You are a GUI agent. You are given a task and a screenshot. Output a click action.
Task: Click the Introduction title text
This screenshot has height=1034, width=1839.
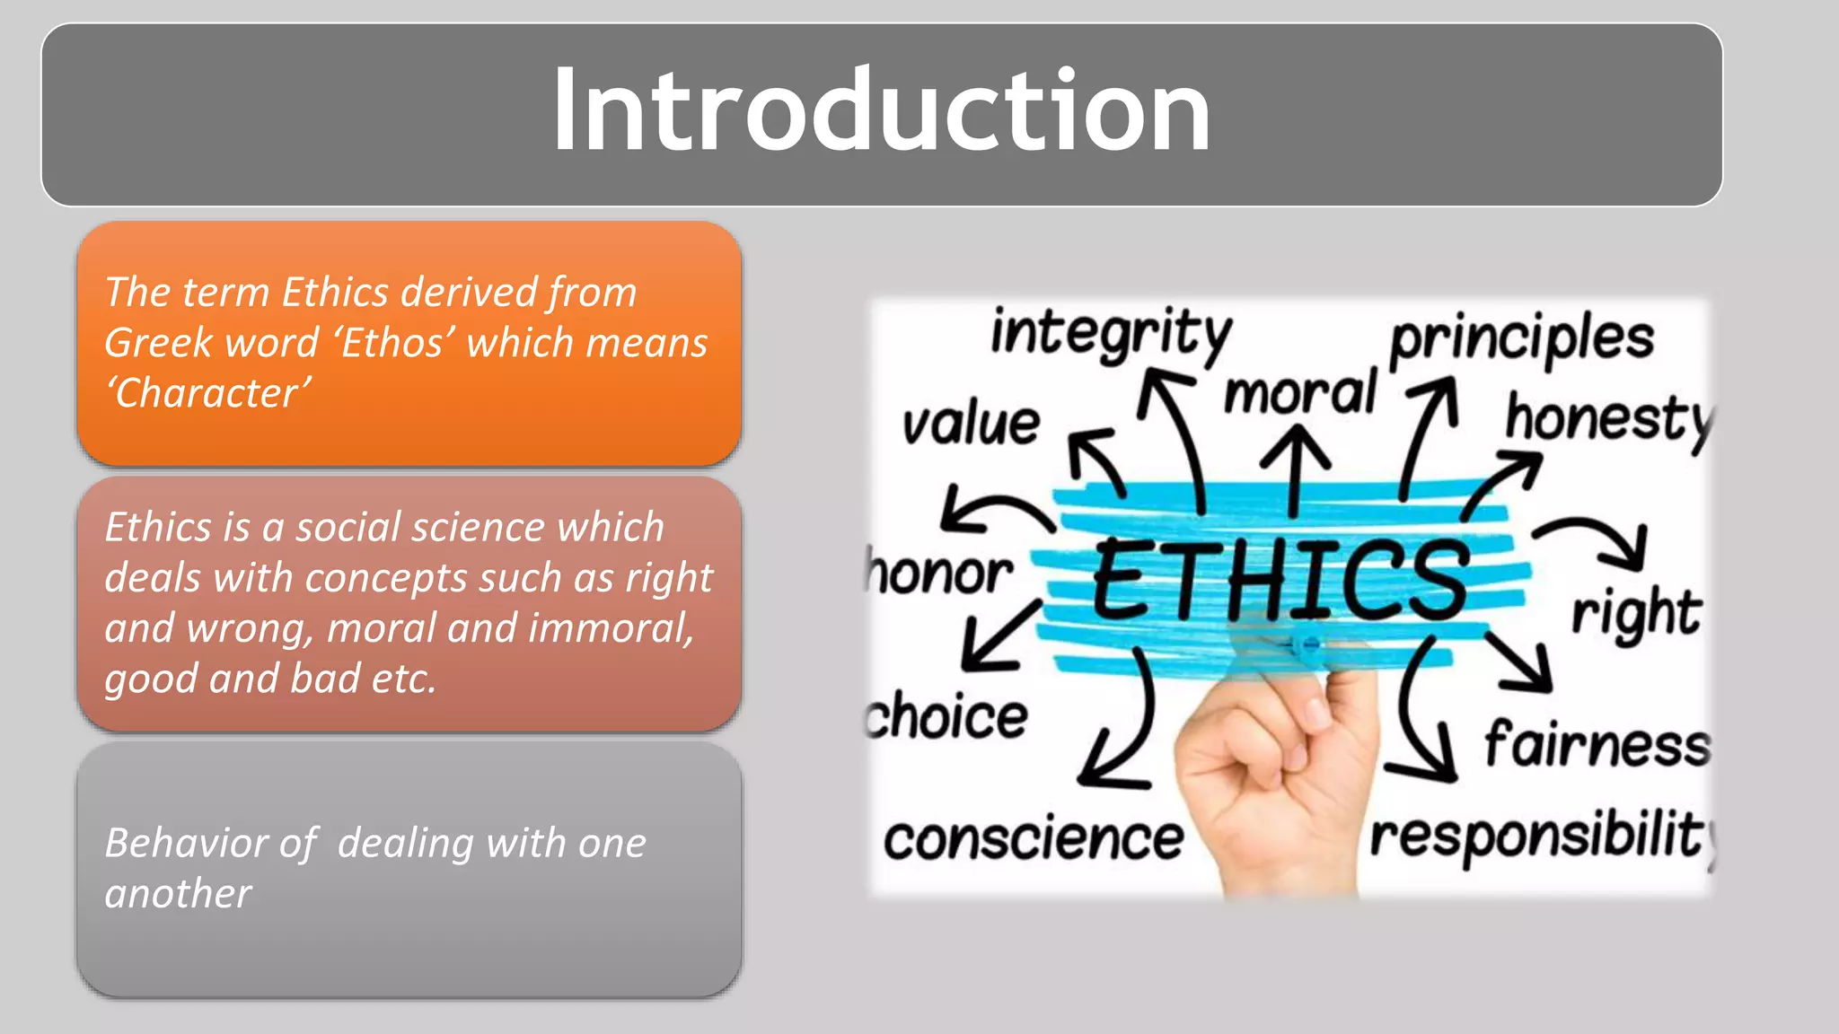click(881, 112)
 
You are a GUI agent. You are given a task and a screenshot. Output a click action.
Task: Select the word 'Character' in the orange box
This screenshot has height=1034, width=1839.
click(208, 393)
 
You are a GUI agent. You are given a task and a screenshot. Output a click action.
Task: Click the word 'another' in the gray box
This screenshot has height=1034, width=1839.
click(178, 894)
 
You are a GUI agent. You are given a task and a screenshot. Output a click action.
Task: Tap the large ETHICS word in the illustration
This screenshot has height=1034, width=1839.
click(1280, 579)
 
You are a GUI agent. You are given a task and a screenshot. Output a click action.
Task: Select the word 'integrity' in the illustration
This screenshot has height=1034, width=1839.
click(1111, 334)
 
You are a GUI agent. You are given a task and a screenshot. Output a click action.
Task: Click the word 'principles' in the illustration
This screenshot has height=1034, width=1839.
click(1522, 339)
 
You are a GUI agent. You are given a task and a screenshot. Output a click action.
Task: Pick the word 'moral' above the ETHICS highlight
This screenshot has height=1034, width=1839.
click(1299, 394)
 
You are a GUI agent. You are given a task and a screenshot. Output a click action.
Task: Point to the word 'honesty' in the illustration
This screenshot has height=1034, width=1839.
click(1607, 419)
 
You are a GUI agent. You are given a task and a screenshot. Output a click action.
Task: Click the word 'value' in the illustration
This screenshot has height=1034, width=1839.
click(971, 424)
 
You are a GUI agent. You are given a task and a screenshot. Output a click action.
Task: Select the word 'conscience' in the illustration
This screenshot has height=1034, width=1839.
click(1034, 839)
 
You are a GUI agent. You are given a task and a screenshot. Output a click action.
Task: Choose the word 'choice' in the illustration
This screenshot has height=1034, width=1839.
click(947, 717)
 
